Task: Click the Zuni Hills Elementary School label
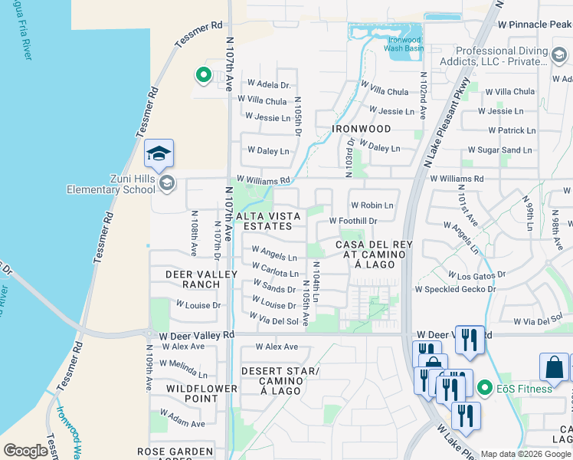coord(111,184)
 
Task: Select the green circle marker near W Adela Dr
coord(203,75)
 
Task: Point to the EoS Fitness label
coord(524,389)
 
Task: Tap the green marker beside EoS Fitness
coord(484,389)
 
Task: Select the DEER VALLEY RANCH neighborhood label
coord(193,279)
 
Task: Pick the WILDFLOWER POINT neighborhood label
coord(201,393)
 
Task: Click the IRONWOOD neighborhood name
coord(362,129)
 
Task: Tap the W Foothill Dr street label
coord(353,221)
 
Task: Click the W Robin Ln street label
coord(372,205)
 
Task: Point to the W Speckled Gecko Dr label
coord(460,290)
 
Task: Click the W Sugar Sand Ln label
coord(499,150)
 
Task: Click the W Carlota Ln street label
coord(275,273)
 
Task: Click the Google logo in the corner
coord(25,451)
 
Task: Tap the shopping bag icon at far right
coord(554,367)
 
